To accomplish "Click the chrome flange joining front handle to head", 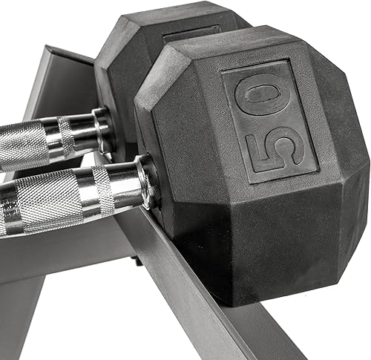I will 147,180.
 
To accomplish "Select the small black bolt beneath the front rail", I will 139,260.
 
